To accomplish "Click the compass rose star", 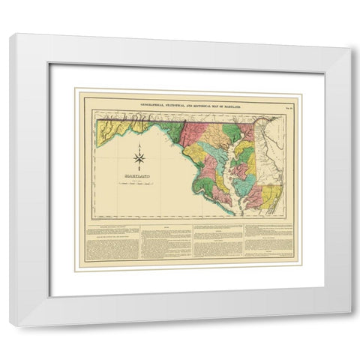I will click(x=139, y=158).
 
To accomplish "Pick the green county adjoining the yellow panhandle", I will click(x=173, y=132).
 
